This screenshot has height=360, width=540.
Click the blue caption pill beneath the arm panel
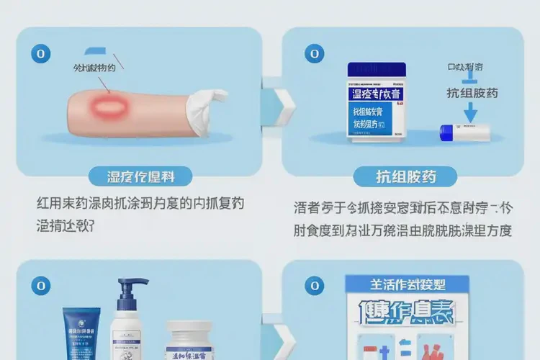point(140,176)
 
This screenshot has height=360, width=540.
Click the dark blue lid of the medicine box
point(377,70)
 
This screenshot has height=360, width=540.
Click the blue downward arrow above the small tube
point(470,109)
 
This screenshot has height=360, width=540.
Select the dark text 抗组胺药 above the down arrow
point(472,92)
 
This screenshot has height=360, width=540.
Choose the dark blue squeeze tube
point(80,334)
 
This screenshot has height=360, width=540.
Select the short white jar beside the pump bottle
point(191,343)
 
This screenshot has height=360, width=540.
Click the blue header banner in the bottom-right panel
point(407,282)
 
